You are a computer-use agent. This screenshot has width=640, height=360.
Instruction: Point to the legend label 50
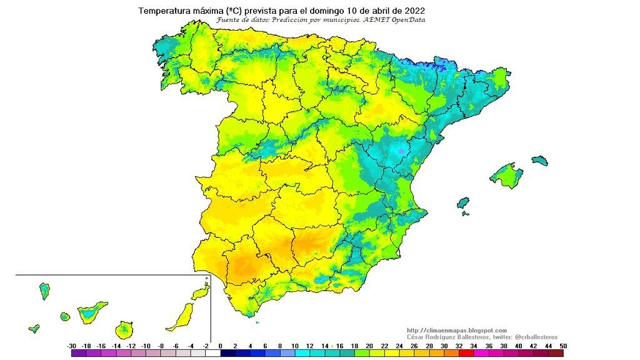pos(564,346)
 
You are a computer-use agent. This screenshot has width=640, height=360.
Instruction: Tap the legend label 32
pos(459,346)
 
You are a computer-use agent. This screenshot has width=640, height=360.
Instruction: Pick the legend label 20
pos(369,346)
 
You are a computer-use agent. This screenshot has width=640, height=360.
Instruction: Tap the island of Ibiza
pos(463,204)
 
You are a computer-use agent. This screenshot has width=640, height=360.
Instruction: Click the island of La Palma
pos(44,291)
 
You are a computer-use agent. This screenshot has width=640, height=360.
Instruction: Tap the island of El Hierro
pos(34,328)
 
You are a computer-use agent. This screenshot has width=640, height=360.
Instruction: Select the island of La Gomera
pos(64,317)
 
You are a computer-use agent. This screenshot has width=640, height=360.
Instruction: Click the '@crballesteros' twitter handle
pos(535,337)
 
